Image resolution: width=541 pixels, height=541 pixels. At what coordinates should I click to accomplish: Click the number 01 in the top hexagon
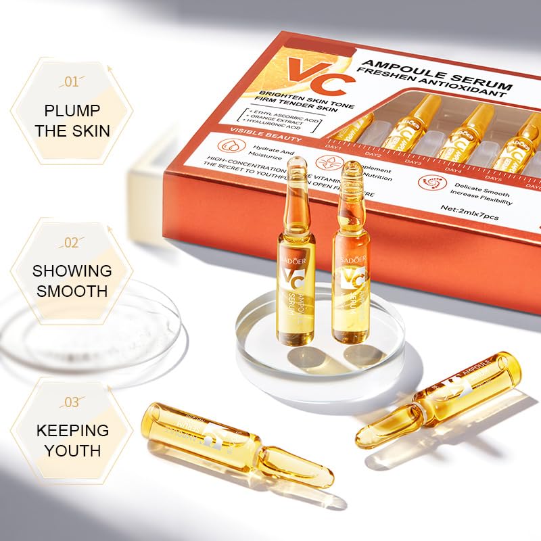[x=72, y=83]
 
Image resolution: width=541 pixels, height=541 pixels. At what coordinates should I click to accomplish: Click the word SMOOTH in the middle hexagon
[x=72, y=291]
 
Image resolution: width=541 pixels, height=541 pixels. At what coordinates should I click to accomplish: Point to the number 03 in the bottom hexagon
[x=72, y=402]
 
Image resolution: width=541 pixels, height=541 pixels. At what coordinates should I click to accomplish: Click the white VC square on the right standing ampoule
[x=352, y=279]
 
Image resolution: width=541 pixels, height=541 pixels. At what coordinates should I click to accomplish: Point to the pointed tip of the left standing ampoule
[x=297, y=162]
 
